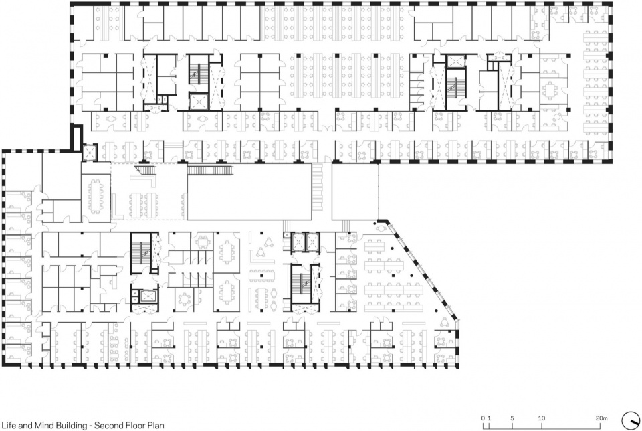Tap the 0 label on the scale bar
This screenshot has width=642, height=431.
point(483,418)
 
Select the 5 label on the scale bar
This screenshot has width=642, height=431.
point(512,418)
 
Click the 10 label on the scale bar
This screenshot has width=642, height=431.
point(541,418)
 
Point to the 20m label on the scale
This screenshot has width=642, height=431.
point(601,418)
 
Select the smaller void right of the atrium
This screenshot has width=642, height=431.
point(354,191)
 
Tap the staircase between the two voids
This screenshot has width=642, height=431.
point(317,187)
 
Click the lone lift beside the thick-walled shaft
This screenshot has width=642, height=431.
point(90,153)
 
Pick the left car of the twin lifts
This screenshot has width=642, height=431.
point(298,242)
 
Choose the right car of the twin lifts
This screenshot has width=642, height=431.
point(312,242)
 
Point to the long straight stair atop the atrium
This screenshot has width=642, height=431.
point(211,169)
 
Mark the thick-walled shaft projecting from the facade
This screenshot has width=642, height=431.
point(76,138)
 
